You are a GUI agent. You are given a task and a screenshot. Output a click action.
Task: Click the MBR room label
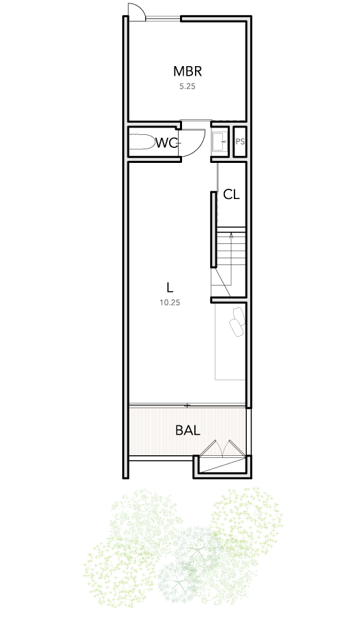pos(187,71)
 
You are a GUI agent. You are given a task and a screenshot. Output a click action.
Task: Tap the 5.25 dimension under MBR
pos(187,87)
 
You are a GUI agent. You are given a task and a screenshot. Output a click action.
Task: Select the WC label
pos(166,142)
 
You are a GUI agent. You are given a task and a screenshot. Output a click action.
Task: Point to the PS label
pos(240,142)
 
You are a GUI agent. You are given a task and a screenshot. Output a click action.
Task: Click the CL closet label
pos(231,194)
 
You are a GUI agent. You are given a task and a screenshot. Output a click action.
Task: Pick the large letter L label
pos(170,287)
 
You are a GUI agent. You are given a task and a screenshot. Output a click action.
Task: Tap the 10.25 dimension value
pos(170,303)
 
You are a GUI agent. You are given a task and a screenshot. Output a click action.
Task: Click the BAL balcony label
pos(187,430)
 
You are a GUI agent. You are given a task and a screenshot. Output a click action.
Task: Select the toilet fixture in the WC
pos(142,142)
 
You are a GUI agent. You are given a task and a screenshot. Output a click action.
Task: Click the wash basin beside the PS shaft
pos(219,142)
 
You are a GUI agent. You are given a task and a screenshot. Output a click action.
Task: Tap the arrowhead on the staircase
pos(231,236)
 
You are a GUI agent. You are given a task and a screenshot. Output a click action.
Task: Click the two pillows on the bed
pos(237,321)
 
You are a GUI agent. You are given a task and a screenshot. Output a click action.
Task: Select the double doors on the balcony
pos(222,448)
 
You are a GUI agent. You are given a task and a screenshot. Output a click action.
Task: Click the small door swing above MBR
pos(136,11)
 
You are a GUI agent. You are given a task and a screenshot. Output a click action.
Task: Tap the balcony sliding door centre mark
pos(187,406)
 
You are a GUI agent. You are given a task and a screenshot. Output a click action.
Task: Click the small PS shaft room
pos(240,142)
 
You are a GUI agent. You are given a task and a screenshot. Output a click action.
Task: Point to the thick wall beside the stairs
pos(214,229)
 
